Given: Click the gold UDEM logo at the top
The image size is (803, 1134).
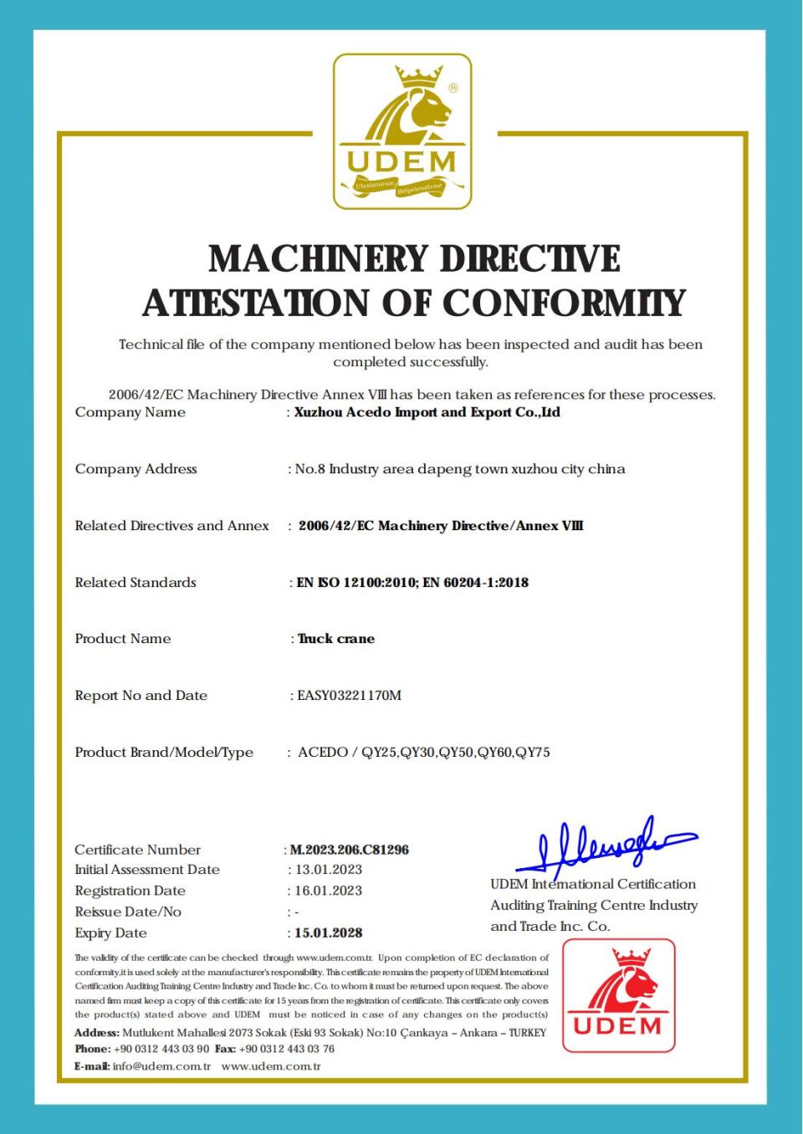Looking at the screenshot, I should point(402,131).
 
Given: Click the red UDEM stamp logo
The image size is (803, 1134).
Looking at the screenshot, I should point(618,995).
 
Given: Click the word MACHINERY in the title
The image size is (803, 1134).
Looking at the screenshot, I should point(319,258).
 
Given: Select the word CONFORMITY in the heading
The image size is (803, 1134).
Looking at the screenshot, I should point(564,303).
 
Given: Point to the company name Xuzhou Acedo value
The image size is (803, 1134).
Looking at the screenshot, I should point(427,412).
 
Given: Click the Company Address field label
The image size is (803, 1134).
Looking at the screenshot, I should point(136,469).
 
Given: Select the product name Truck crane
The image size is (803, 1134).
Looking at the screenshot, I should point(336,639).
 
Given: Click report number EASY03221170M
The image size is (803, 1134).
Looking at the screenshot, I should point(349,696).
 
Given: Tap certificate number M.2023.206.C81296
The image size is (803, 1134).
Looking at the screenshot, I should point(349,850).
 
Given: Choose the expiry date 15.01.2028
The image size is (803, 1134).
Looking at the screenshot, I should point(329,932).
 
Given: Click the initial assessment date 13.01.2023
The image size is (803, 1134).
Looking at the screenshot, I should point(329,870).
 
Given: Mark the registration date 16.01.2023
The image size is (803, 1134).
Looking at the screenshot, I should point(329,891).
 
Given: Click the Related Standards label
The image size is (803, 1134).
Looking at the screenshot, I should point(136,583).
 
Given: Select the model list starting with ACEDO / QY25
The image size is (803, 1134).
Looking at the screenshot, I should point(424,753).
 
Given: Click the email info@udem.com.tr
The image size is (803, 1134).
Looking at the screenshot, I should point(161,1066).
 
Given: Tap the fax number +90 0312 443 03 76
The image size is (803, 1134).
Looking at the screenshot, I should point(286,1049).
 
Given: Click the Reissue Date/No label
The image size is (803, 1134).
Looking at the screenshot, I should point(128,912).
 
